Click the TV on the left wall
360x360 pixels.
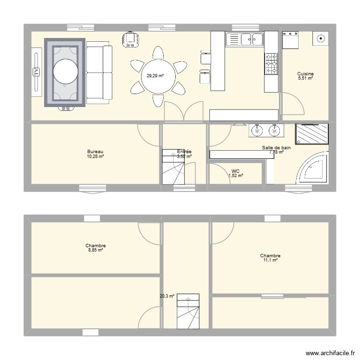(x=36, y=72)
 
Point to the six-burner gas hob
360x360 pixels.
(x=271, y=63)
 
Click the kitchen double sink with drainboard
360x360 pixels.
(x=244, y=39)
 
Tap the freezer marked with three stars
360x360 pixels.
(x=291, y=40)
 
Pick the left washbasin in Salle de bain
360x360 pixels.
(x=258, y=130)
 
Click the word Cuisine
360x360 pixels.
(x=305, y=74)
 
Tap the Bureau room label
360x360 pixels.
(x=95, y=151)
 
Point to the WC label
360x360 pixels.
(x=235, y=171)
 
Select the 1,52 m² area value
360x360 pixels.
(x=235, y=176)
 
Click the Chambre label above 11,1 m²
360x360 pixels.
(x=270, y=256)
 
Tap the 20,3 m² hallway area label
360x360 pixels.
(x=167, y=297)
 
